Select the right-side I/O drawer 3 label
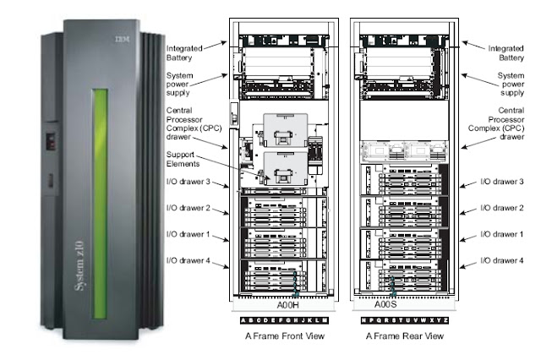click(x=503, y=183)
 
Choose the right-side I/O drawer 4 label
click(x=503, y=261)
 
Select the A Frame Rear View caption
click(x=404, y=336)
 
